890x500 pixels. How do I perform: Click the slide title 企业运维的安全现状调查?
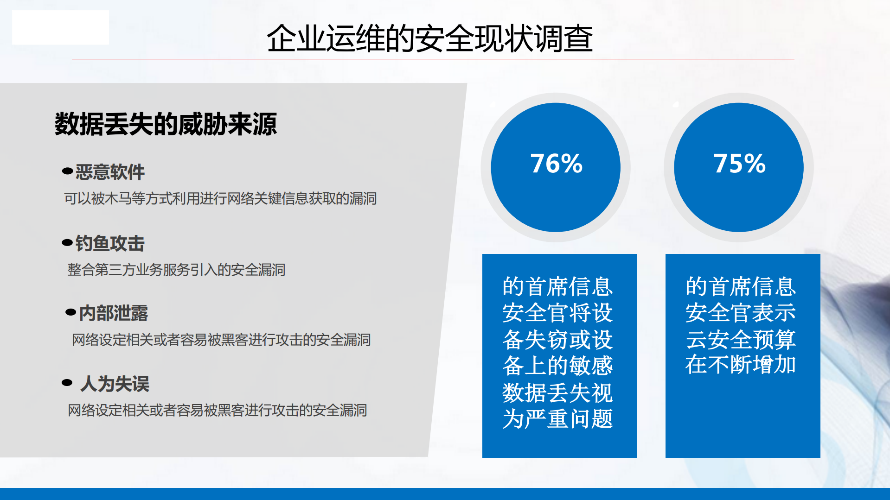(429, 38)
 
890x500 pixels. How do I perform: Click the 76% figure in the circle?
(556, 164)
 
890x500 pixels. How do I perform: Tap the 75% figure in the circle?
(739, 164)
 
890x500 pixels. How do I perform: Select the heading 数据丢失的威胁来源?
(166, 124)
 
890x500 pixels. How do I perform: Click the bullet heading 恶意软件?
(110, 172)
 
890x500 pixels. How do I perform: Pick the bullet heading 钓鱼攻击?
(110, 243)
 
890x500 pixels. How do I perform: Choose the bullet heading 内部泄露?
(113, 313)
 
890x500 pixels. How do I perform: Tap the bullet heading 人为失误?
(115, 384)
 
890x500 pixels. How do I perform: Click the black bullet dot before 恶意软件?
(67, 171)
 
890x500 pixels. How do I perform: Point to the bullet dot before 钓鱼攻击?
(67, 242)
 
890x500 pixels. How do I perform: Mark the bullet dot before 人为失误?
(67, 382)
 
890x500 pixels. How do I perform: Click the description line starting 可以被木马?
(220, 199)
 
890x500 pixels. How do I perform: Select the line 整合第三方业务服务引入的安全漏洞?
(176, 270)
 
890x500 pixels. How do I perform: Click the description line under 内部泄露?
(221, 340)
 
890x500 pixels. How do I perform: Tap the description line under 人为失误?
(217, 411)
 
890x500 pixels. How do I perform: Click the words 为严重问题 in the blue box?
(557, 419)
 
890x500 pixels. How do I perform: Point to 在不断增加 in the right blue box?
(740, 365)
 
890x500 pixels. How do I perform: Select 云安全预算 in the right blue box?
(740, 339)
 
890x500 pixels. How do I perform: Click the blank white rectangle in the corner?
(60, 27)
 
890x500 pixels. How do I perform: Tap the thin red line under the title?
(433, 60)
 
